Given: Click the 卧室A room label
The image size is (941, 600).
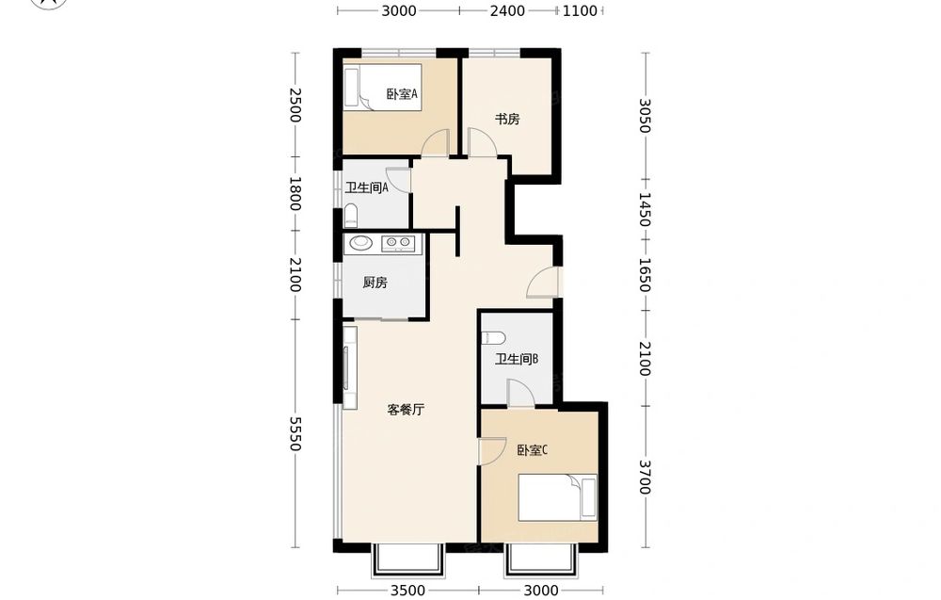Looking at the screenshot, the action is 402,94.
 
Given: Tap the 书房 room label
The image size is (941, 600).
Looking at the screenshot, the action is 507,119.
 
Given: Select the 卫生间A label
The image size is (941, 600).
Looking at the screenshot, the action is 367,187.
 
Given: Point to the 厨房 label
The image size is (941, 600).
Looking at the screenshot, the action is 375,283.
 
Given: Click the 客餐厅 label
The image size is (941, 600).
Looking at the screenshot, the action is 406,411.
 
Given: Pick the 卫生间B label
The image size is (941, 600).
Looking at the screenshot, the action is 516,359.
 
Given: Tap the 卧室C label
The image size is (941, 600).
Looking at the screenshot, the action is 533,450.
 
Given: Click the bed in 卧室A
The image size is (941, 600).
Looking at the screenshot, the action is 383,88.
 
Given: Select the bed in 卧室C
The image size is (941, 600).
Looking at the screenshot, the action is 557,497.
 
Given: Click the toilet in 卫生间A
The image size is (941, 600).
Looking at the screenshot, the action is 350,215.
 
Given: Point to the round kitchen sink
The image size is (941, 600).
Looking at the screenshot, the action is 360,243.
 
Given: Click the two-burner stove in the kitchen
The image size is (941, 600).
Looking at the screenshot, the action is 398,243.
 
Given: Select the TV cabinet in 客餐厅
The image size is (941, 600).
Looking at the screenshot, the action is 350,368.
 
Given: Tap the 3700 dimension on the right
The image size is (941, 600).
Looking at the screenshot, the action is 646,477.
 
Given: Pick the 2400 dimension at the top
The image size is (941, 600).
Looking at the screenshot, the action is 508,10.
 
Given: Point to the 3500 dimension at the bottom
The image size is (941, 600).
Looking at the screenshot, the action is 408,591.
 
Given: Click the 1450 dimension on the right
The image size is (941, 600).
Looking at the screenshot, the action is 646,210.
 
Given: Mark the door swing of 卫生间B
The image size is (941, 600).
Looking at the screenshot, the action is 521,393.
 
